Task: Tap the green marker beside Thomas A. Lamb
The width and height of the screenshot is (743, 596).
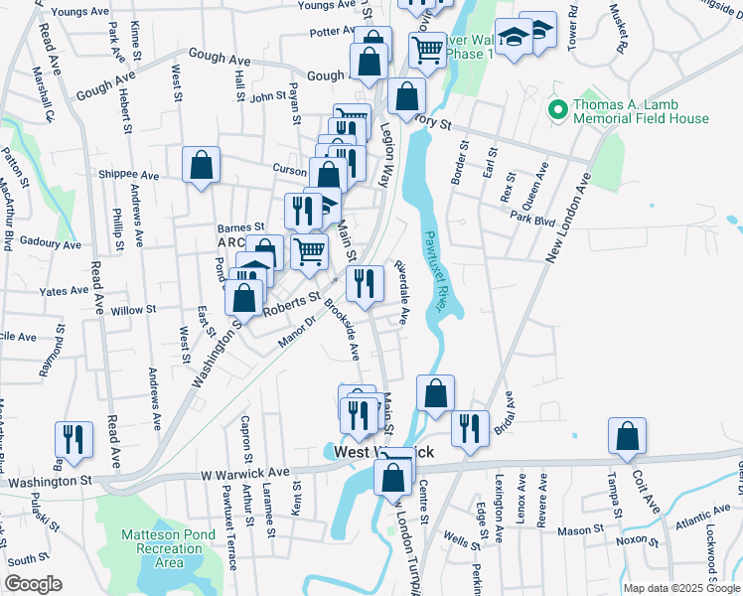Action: [x=558, y=106]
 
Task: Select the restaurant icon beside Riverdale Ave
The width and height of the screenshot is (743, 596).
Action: [x=365, y=283]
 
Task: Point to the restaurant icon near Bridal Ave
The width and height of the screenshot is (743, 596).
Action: [x=470, y=427]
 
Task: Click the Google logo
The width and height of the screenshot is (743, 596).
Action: [x=33, y=583]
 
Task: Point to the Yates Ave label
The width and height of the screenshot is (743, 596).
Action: [x=64, y=291]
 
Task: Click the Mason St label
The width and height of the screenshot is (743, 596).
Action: [x=574, y=531]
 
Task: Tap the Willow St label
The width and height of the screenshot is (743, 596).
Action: [x=133, y=311]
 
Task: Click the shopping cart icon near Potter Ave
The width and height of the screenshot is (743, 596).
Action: [x=427, y=48]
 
